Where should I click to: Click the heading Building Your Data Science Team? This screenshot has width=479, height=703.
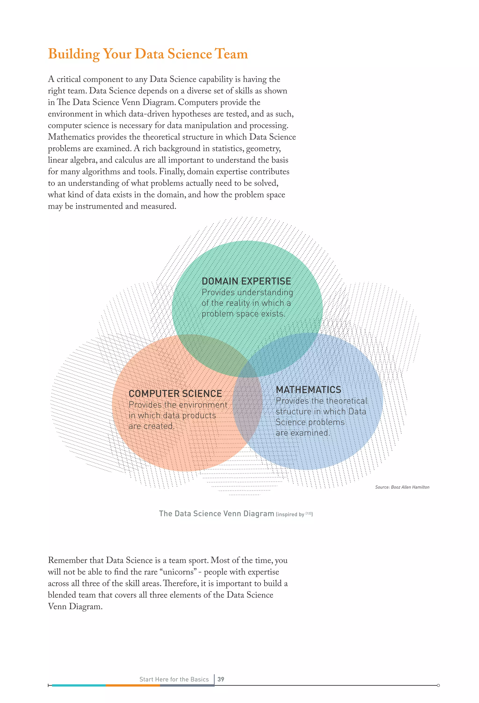pyautogui.click(x=148, y=54)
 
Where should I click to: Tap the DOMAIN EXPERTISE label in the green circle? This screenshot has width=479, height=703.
pyautogui.click(x=246, y=281)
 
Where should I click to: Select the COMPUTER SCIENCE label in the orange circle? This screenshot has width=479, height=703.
pyautogui.click(x=175, y=394)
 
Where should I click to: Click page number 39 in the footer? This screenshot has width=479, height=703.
pyautogui.click(x=221, y=679)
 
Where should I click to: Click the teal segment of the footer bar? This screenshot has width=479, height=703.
pyautogui.click(x=79, y=685)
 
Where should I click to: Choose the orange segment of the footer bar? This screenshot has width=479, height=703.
pyautogui.click(x=132, y=685)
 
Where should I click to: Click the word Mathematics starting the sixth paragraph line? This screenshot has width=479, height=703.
pyautogui.click(x=71, y=137)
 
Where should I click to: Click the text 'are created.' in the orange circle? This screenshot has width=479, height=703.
pyautogui.click(x=151, y=426)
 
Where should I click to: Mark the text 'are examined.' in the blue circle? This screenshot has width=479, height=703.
pyautogui.click(x=302, y=433)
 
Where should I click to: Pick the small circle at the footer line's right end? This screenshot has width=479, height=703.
pyautogui.click(x=438, y=685)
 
